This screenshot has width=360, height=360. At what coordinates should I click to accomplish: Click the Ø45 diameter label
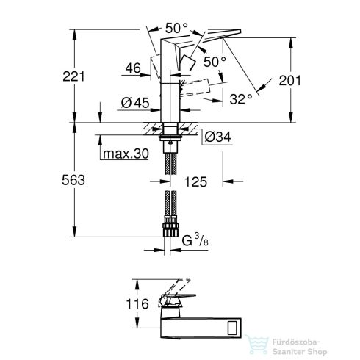click(x=140, y=103)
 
